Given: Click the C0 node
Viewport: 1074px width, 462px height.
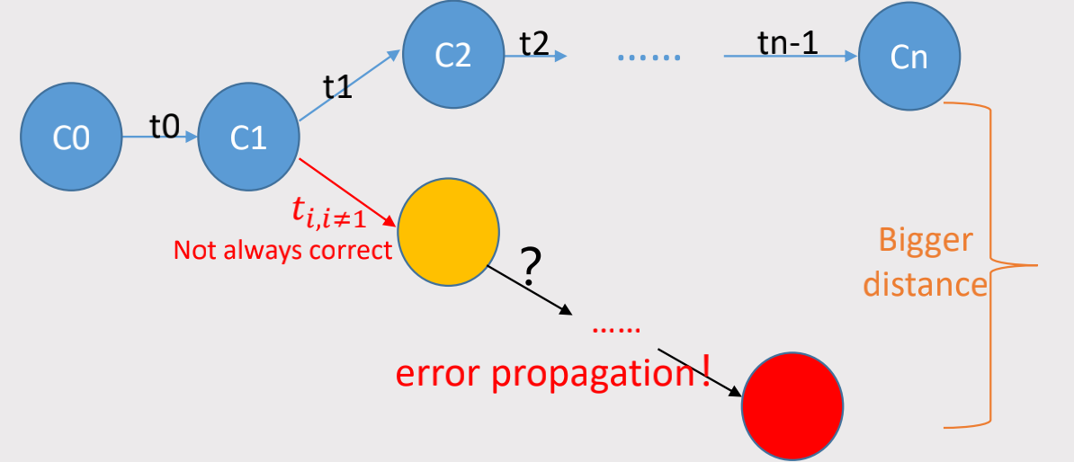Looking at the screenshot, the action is tap(71, 138).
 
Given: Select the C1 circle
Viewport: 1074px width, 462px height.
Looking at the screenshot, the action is tap(248, 138).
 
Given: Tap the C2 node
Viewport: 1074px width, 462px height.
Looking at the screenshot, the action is tap(452, 55).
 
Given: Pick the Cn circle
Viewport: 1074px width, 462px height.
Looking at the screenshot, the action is tap(908, 59).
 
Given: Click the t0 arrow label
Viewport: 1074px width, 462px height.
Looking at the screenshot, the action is tap(165, 127).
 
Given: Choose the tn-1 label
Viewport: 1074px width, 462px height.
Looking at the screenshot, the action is tap(788, 43).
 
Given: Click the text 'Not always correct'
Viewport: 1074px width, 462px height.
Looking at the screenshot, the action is tap(283, 249).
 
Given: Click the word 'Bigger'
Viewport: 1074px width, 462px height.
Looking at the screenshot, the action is tap(926, 241).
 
